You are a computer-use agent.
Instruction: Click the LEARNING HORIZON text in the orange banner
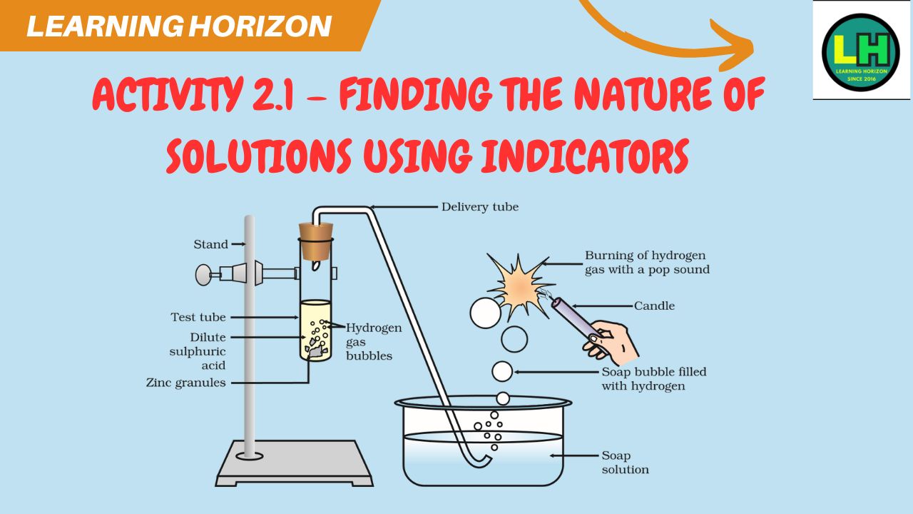179,26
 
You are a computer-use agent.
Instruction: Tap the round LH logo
860,52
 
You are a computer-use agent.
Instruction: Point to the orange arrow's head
734,46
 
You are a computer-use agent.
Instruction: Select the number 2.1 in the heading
272,94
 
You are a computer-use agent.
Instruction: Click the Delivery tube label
480,207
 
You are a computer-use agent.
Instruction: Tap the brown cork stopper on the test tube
316,241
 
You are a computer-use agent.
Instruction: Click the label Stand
210,244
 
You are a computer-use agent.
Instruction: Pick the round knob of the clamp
203,275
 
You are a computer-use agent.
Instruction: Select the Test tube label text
198,317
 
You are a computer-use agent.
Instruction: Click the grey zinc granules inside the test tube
317,350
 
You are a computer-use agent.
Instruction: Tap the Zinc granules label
186,383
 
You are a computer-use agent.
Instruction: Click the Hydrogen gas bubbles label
374,342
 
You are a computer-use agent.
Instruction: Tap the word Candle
654,306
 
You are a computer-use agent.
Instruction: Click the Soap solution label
626,463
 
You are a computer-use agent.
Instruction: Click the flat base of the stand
295,463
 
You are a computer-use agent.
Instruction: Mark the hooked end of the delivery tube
477,461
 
